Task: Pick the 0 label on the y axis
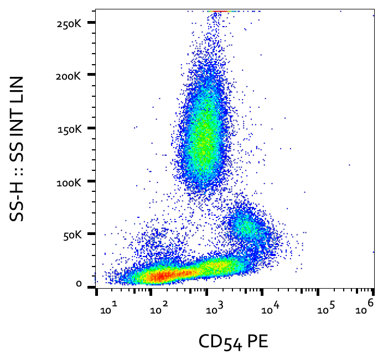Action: click(x=79, y=284)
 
